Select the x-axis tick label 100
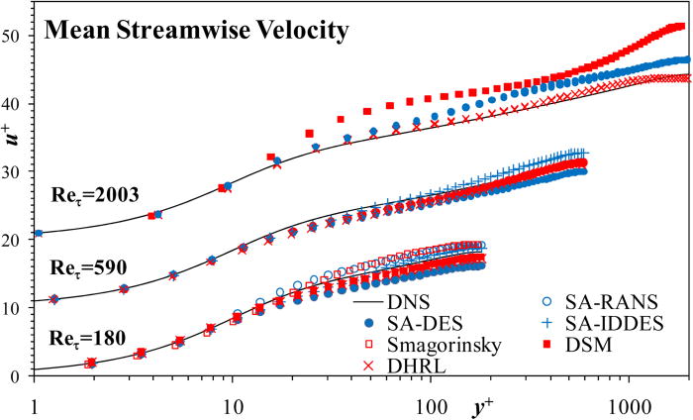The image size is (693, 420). tap(431, 405)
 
